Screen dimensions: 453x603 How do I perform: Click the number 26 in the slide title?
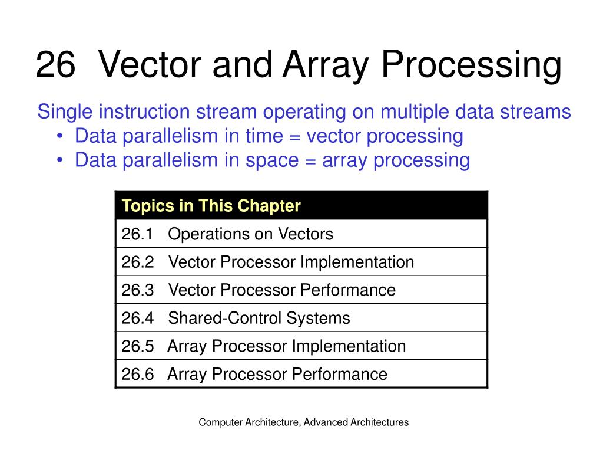click(x=55, y=65)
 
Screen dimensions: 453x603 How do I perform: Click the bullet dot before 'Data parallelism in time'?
click(x=61, y=137)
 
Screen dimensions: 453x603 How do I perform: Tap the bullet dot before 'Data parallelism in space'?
click(x=61, y=160)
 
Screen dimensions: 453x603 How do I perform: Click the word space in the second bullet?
click(x=271, y=160)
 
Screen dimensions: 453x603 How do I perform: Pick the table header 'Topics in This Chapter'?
click(x=211, y=206)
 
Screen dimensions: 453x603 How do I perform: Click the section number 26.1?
click(x=137, y=234)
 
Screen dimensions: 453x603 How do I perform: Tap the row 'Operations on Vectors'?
click(x=250, y=234)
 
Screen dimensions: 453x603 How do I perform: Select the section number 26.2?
click(x=137, y=262)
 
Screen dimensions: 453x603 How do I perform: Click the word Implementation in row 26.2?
click(x=357, y=262)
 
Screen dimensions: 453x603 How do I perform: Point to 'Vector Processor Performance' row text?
click(x=281, y=290)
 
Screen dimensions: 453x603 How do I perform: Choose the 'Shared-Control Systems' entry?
click(x=259, y=318)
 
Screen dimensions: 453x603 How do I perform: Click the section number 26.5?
click(x=137, y=346)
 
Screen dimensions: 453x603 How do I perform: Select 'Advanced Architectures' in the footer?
click(x=357, y=422)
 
